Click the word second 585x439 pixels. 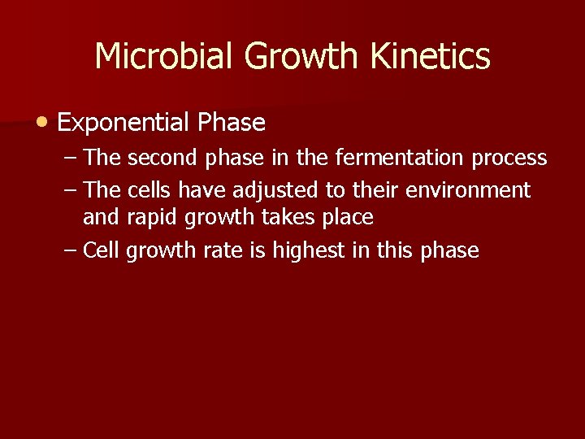(163, 156)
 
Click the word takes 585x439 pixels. (278, 217)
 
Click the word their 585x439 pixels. (373, 190)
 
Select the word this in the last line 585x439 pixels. (395, 250)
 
